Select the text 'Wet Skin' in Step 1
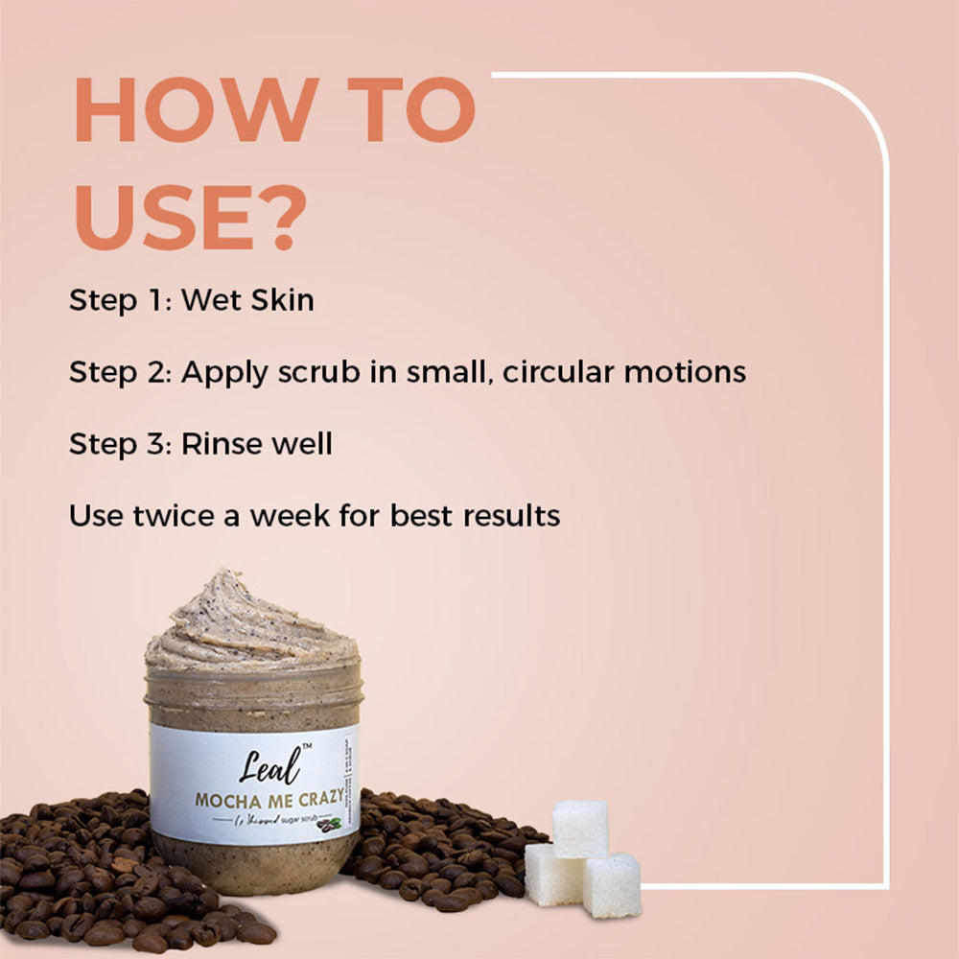pos(247,300)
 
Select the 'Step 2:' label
pos(121,372)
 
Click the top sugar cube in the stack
pos(580,828)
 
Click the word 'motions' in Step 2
pos(685,372)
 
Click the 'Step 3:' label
pos(121,444)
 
